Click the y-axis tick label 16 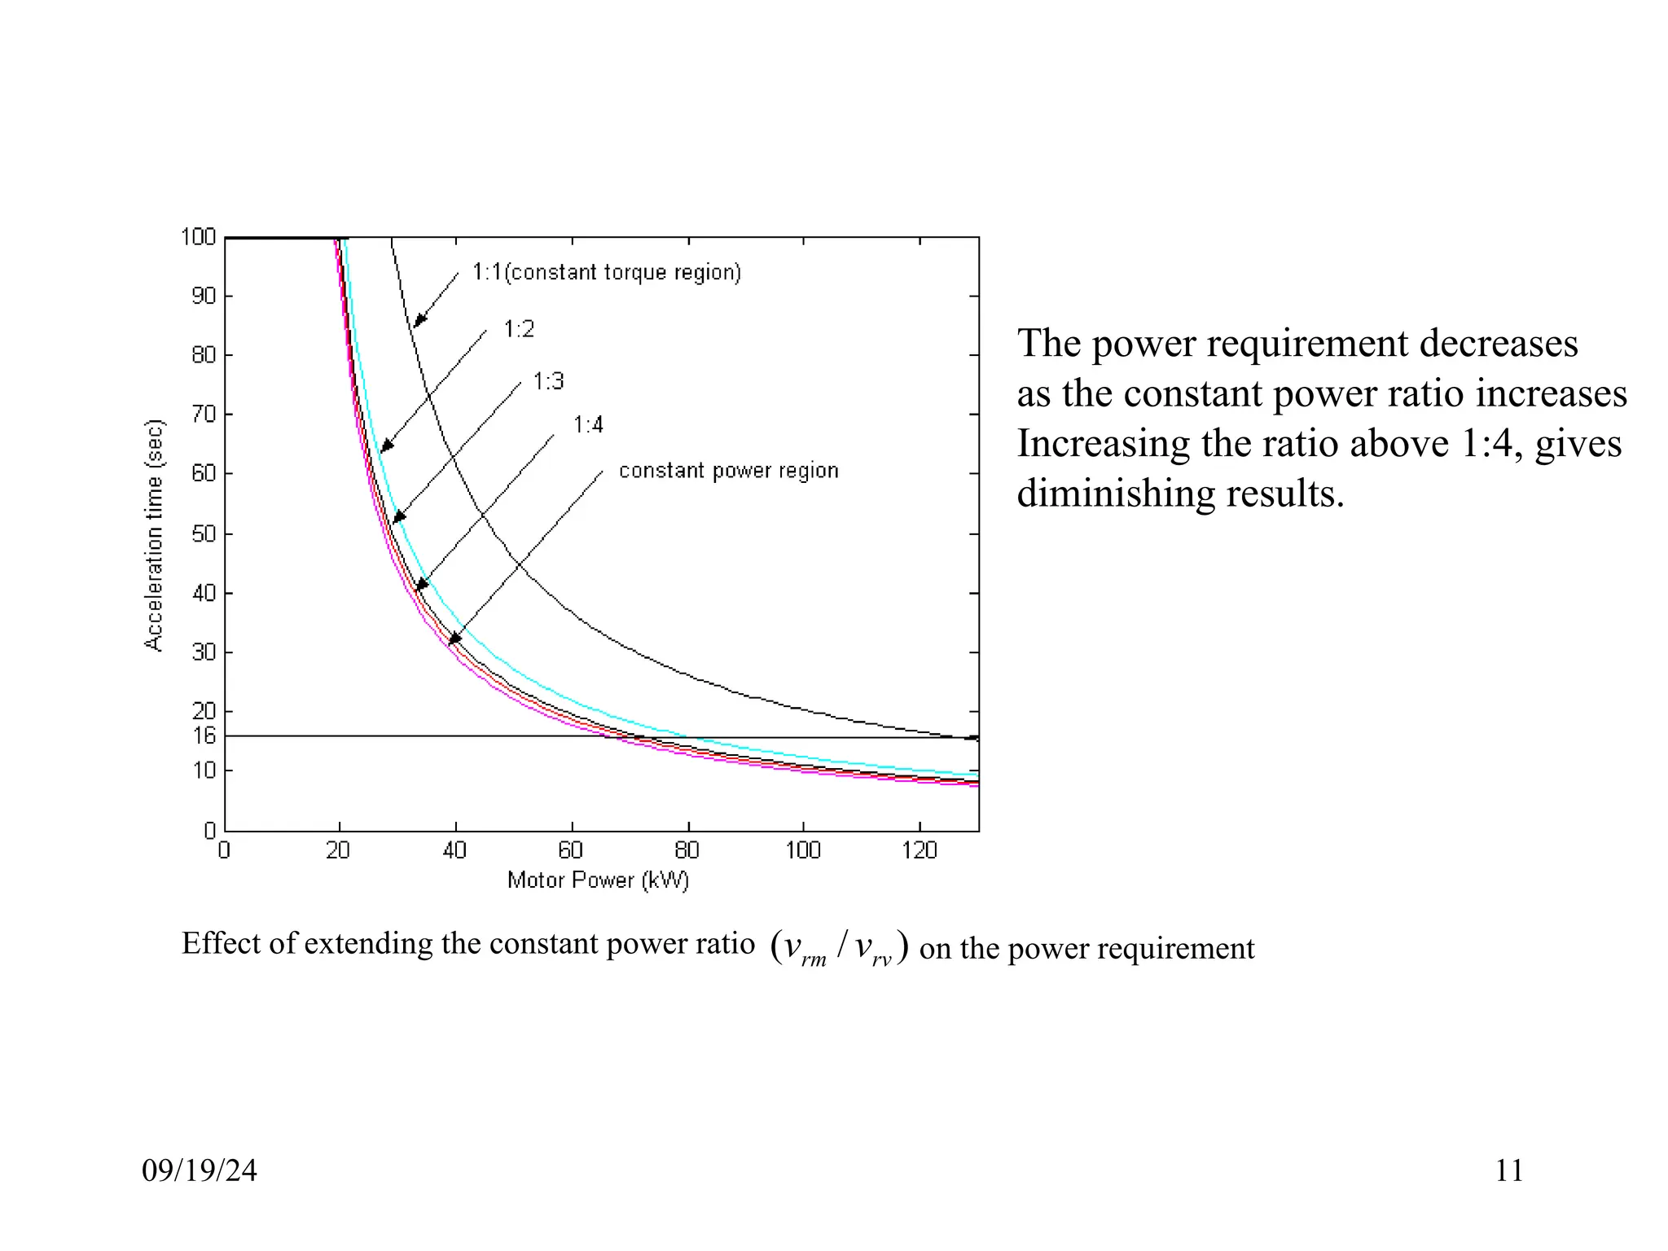tap(204, 736)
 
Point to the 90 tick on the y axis tap(204, 296)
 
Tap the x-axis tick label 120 tap(919, 851)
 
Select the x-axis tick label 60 tap(571, 851)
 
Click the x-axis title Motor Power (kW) tap(598, 880)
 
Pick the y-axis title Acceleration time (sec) tap(154, 535)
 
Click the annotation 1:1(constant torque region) tap(607, 272)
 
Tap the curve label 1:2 tap(519, 329)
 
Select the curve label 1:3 tap(548, 381)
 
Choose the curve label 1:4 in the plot tap(588, 425)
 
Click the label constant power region tap(728, 471)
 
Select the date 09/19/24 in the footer tap(200, 1170)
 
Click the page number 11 tap(1508, 1170)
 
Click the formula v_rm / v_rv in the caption tap(839, 948)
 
